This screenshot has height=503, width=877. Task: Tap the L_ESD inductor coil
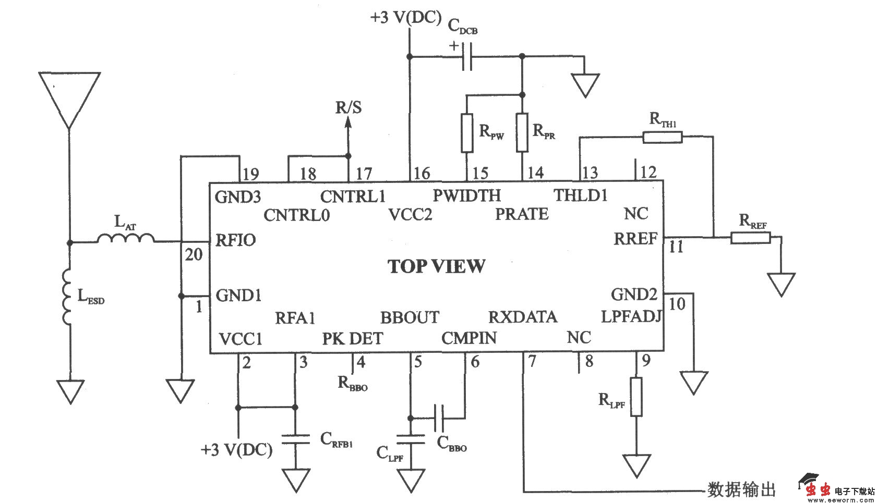pos(67,297)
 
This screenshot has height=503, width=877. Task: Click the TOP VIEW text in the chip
pos(436,266)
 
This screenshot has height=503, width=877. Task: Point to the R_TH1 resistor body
pos(662,137)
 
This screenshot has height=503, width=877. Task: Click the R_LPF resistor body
pos(636,397)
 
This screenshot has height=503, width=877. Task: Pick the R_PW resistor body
pos(467,133)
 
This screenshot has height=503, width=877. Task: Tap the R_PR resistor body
pos(522,133)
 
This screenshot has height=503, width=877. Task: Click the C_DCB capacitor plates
pos(467,56)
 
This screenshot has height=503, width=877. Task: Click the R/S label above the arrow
pos(348,107)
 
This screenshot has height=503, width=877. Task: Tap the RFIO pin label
pos(236,240)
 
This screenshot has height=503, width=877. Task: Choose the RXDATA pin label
pos(522,317)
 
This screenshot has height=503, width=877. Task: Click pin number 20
pos(194,254)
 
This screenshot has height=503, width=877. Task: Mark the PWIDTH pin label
pos(466,195)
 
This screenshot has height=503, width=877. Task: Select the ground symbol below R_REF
pos(781,285)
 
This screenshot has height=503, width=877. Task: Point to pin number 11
pos(676,247)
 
